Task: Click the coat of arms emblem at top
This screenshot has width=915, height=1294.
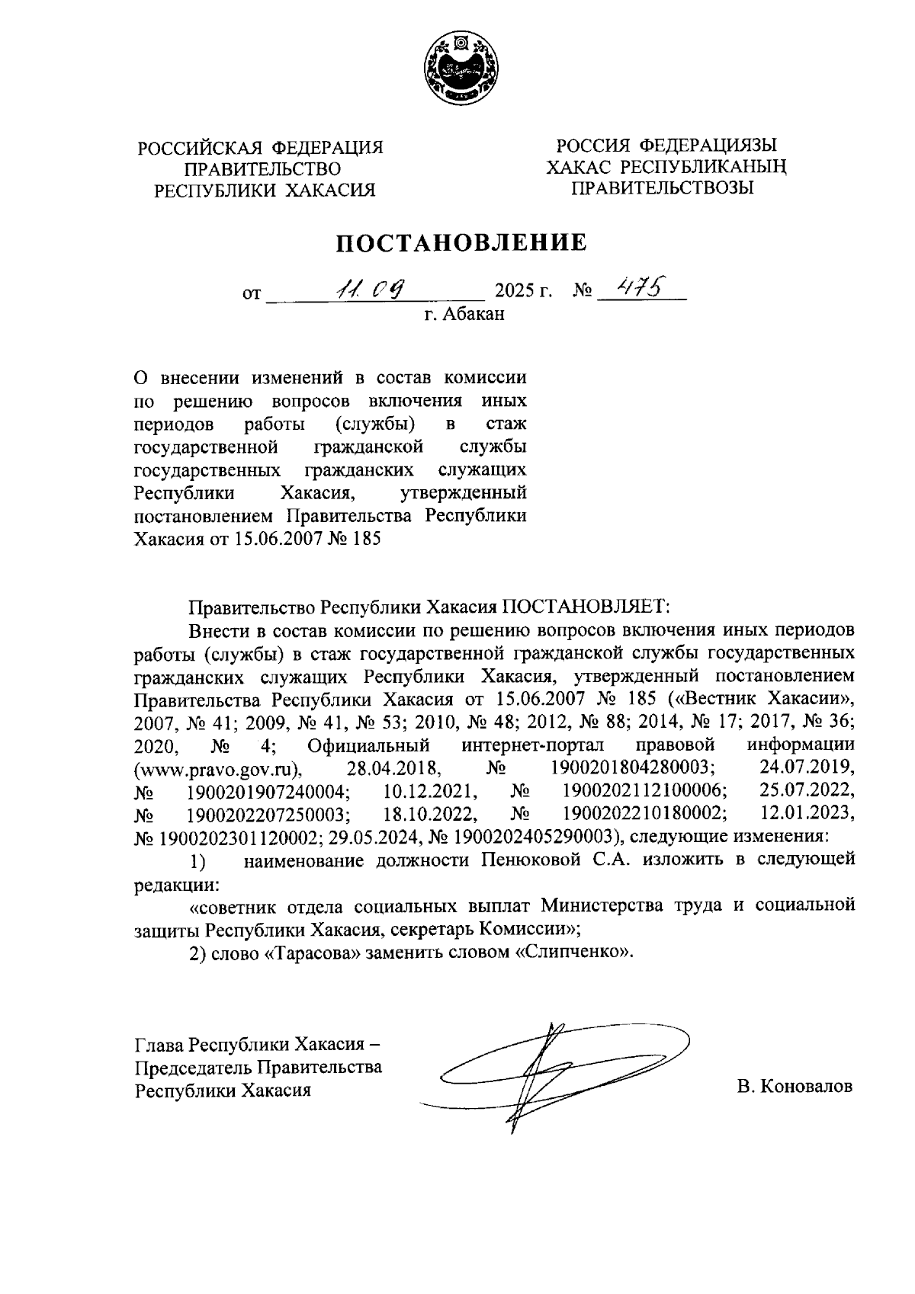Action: (457, 69)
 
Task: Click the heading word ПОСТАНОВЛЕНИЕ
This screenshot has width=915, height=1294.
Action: (462, 243)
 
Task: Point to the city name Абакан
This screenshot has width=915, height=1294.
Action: (474, 313)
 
